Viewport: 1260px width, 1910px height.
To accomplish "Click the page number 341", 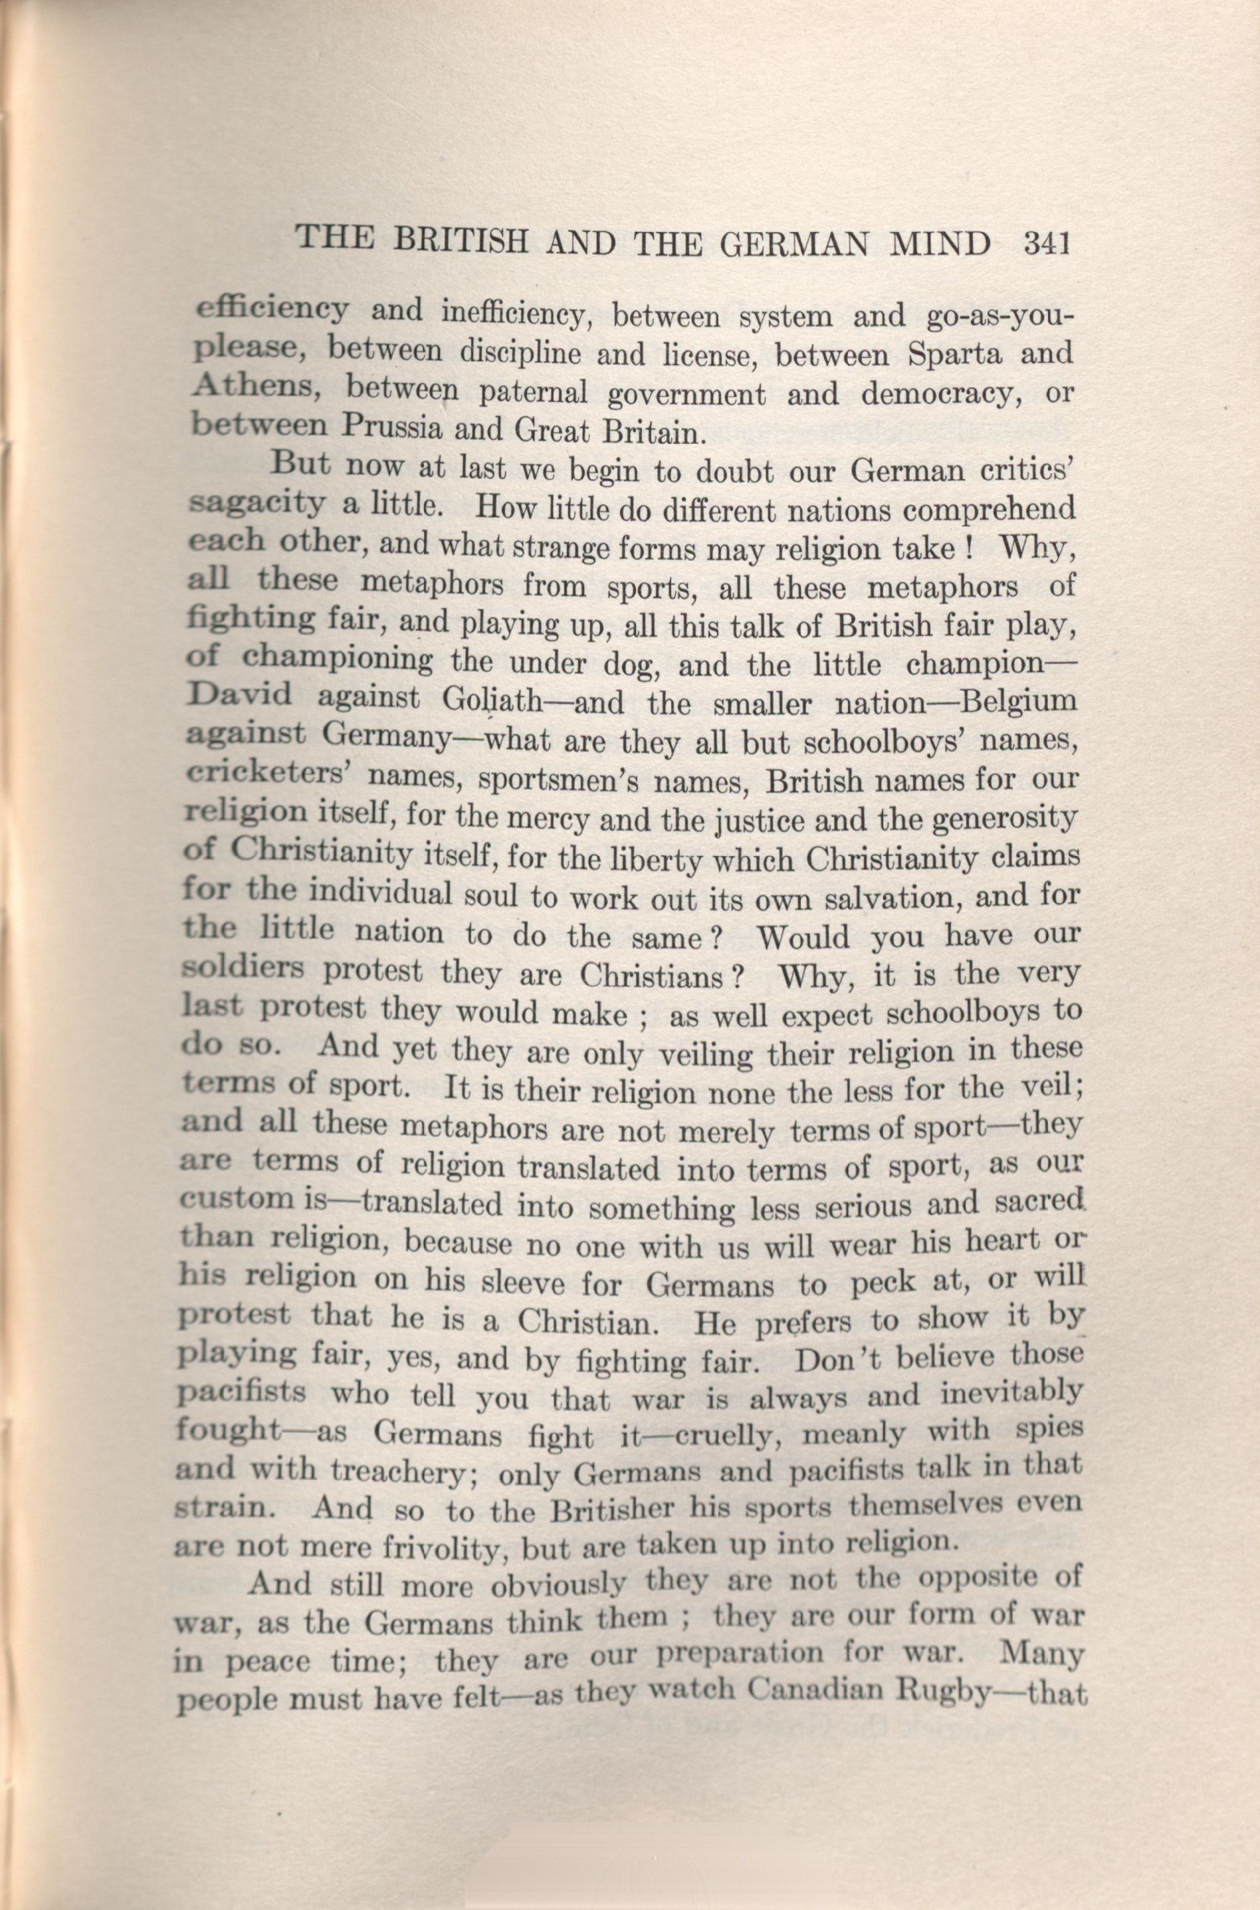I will (1045, 243).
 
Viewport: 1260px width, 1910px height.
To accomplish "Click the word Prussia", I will (393, 427).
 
